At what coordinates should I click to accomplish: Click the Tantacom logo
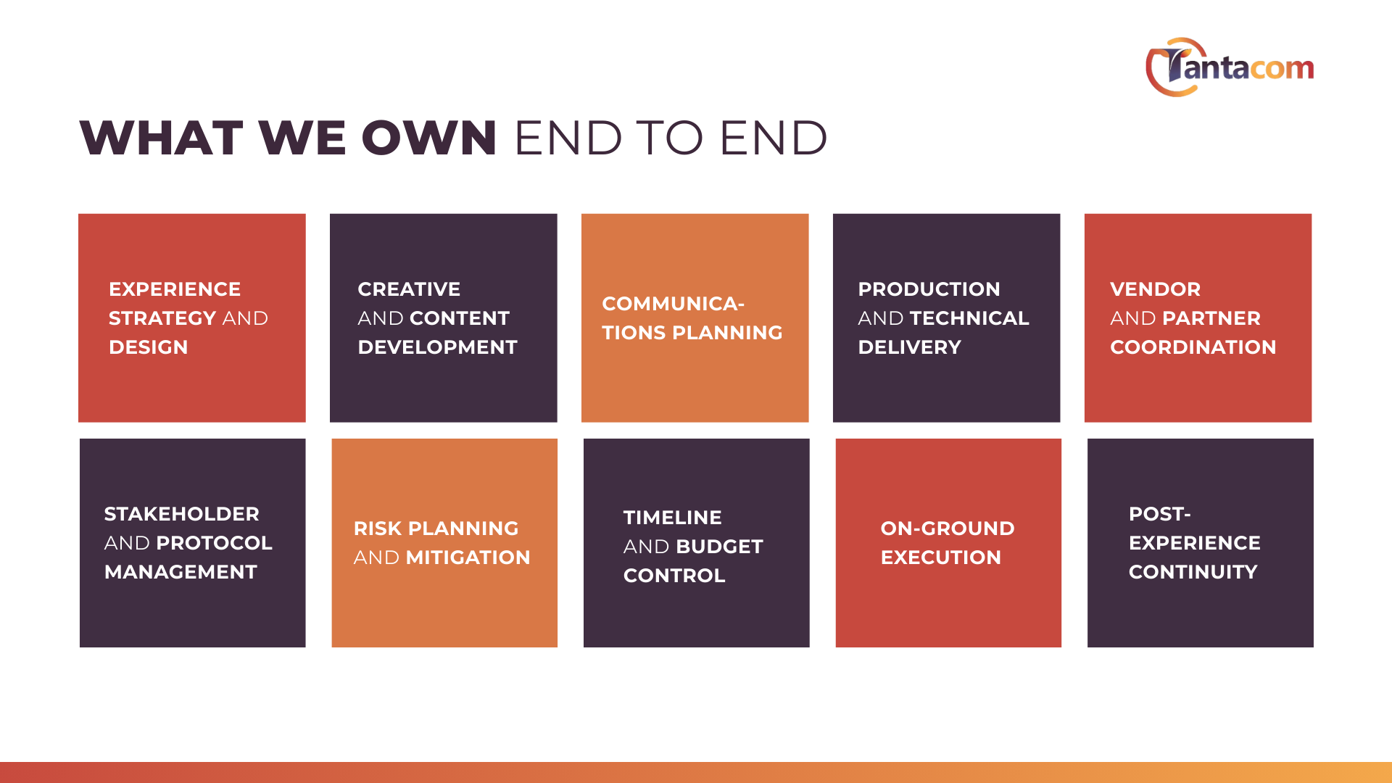click(x=1230, y=67)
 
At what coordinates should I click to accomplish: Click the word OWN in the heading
click(x=429, y=138)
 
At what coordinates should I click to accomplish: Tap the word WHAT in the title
click(x=161, y=138)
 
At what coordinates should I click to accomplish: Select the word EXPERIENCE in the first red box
click(x=175, y=289)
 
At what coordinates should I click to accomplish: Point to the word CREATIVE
click(x=409, y=289)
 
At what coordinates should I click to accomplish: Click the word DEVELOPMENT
click(x=438, y=347)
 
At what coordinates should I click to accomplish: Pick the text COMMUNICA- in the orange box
click(x=674, y=304)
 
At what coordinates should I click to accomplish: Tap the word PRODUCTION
click(x=929, y=289)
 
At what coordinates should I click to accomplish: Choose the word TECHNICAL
click(x=969, y=318)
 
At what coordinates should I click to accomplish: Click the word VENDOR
click(x=1156, y=289)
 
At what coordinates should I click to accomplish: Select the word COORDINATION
click(x=1193, y=347)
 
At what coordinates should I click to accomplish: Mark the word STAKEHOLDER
click(x=182, y=514)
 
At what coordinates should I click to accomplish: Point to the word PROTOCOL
click(x=215, y=543)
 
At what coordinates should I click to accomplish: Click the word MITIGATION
click(x=468, y=558)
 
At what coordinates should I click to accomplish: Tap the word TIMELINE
click(x=673, y=518)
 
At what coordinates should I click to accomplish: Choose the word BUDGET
click(x=719, y=547)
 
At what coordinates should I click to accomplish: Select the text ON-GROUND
click(x=948, y=529)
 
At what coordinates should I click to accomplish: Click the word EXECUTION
click(x=941, y=558)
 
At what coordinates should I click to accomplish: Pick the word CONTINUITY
click(x=1193, y=572)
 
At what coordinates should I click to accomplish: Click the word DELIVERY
click(x=910, y=347)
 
